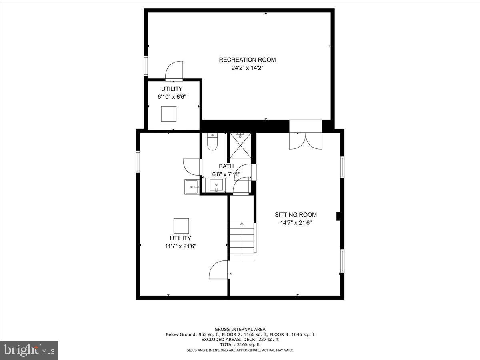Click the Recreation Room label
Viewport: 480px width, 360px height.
247,60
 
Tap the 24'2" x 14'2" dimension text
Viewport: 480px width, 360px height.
247,68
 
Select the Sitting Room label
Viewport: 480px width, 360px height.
295,215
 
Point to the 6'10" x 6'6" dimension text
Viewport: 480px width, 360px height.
172,97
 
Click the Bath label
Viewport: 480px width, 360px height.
226,166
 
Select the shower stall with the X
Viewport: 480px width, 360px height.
240,146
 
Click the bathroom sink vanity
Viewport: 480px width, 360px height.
216,185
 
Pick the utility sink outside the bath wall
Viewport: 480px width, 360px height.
192,186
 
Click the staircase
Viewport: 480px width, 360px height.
242,240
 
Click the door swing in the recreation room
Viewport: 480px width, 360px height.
174,71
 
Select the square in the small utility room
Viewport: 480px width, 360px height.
168,114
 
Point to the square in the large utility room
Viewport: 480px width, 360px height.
181,226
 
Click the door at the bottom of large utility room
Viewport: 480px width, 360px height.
219,270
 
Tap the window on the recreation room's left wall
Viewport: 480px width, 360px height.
146,66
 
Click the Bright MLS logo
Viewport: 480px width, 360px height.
29,350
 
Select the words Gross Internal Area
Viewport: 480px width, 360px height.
240,330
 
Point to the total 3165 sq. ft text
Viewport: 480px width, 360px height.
240,344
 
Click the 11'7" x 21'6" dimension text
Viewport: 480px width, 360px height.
180,246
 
